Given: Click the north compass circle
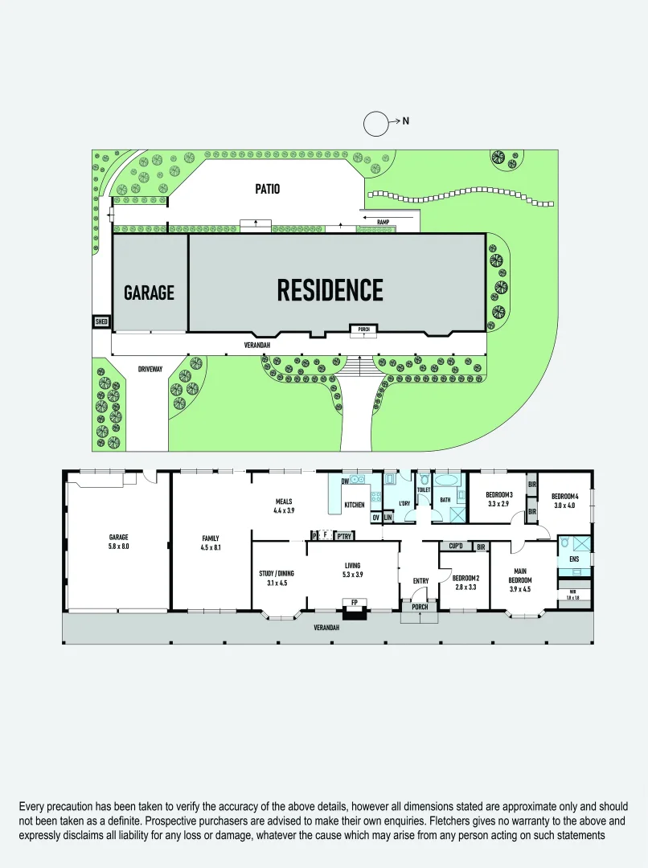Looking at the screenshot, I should [376, 124].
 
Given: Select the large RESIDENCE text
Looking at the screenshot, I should [330, 290].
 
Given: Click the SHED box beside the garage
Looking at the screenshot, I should [101, 321].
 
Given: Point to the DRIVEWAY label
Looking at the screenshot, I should [150, 369].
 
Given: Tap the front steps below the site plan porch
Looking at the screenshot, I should [359, 368].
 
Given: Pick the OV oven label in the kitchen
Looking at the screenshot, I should [375, 517].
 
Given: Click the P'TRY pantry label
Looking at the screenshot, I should [345, 535].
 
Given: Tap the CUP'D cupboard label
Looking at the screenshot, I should [456, 547].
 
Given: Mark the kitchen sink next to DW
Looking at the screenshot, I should [359, 481].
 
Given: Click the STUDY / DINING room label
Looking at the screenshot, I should [276, 573].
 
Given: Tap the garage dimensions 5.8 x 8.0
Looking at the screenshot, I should [119, 547].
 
